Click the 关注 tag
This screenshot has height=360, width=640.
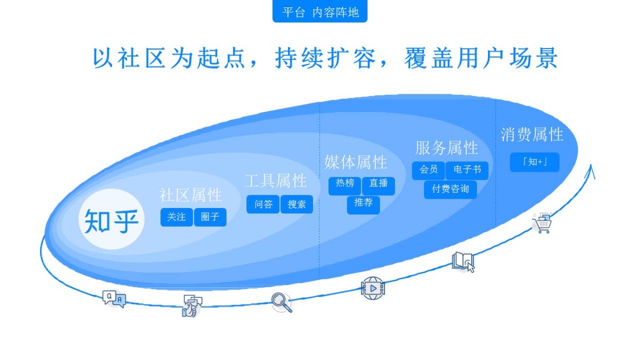(177, 218)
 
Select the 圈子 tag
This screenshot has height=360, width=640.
(210, 218)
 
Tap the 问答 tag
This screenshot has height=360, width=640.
(263, 204)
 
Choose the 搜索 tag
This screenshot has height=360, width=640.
(297, 204)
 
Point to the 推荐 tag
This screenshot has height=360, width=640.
(363, 205)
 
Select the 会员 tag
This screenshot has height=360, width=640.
(429, 171)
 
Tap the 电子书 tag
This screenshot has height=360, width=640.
(467, 171)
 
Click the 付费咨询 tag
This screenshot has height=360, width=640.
(451, 190)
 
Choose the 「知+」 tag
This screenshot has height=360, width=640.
(534, 162)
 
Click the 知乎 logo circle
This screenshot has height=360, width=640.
(111, 219)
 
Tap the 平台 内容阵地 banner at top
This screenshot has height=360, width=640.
(320, 11)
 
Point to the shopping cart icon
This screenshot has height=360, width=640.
(542, 223)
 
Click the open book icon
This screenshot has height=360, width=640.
(463, 262)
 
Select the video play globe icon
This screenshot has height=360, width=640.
(373, 289)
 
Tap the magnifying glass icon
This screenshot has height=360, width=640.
(282, 302)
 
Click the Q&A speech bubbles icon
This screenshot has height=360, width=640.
(114, 299)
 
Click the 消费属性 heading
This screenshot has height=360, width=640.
(532, 134)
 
